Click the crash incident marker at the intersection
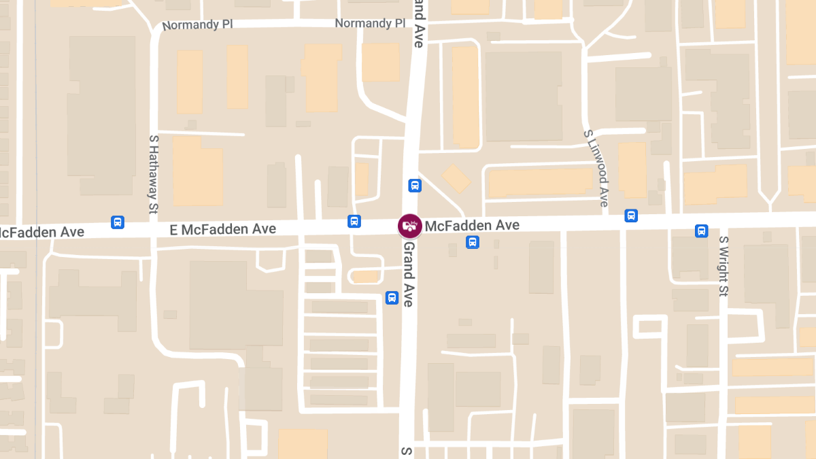click(x=410, y=226)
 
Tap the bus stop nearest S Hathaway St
click(x=118, y=222)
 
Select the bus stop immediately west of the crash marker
click(x=354, y=221)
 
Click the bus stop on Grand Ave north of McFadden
click(x=414, y=185)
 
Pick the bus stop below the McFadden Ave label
click(x=472, y=242)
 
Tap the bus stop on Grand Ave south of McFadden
click(x=392, y=298)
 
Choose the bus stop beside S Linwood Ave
click(x=631, y=216)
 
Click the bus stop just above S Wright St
click(x=702, y=231)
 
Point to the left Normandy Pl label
click(x=197, y=24)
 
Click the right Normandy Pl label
click(x=370, y=23)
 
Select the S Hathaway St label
click(x=153, y=173)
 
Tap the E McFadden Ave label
click(x=223, y=229)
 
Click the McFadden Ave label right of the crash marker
click(x=472, y=225)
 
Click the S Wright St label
click(x=724, y=266)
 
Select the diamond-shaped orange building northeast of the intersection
click(x=456, y=178)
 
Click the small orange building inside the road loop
click(x=367, y=277)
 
